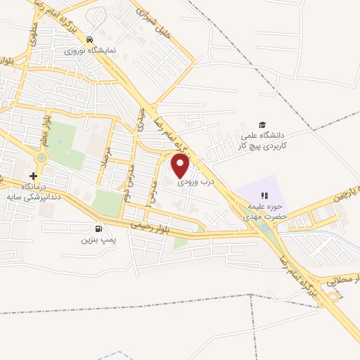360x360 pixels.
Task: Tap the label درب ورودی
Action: point(193,181)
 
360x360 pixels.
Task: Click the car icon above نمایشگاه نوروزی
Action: point(89,39)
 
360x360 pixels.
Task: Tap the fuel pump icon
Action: point(97,229)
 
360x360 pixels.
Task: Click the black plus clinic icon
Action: point(32,174)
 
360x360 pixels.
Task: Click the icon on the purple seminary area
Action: point(264,195)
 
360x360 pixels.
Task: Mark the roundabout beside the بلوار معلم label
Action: point(41,157)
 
